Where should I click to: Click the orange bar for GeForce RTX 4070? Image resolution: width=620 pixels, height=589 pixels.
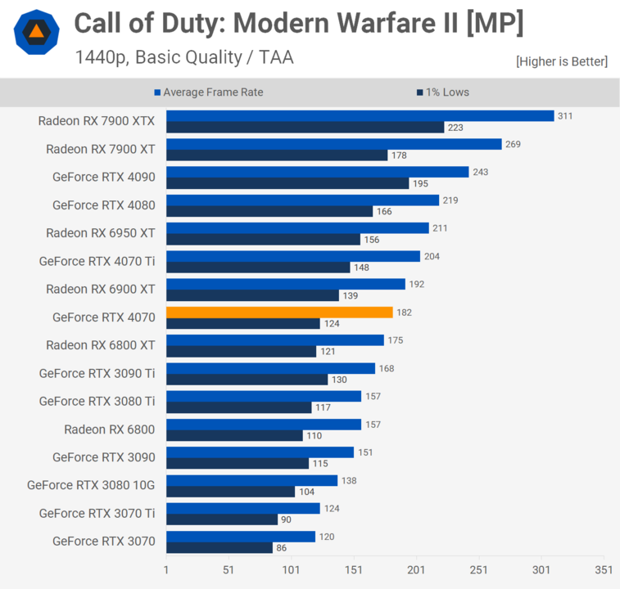click(x=279, y=312)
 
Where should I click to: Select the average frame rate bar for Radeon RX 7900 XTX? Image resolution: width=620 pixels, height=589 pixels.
click(x=360, y=116)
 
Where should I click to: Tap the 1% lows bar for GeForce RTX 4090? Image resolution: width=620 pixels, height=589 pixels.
click(x=287, y=183)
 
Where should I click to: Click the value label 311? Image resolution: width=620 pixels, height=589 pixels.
click(x=565, y=116)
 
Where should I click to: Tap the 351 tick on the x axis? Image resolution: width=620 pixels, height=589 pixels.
click(x=604, y=570)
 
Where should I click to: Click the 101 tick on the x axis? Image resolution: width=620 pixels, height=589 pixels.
click(x=291, y=570)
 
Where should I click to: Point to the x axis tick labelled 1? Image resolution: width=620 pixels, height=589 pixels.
click(x=166, y=570)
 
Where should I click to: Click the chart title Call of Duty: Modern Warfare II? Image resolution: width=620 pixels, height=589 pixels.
click(x=298, y=24)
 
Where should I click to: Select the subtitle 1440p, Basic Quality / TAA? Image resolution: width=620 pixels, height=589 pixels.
click(x=183, y=57)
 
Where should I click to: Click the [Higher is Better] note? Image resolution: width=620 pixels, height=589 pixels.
click(x=561, y=61)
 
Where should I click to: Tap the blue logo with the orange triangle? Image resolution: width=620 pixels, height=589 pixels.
click(x=36, y=32)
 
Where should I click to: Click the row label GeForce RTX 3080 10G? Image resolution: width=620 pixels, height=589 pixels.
click(x=91, y=485)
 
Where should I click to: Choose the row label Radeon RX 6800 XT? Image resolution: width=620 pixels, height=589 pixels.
click(x=100, y=345)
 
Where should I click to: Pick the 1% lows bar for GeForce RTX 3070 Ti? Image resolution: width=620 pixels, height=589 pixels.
click(x=222, y=519)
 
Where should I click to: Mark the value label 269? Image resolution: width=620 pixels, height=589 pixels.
click(x=513, y=144)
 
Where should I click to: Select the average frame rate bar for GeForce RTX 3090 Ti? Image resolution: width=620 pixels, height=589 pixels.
click(x=270, y=368)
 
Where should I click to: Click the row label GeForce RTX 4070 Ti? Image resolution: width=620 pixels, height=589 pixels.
click(x=97, y=261)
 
